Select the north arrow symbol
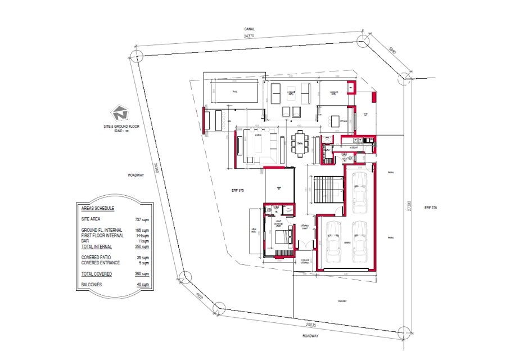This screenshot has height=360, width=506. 119,112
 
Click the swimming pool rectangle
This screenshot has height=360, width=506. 235,92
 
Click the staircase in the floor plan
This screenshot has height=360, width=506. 326,190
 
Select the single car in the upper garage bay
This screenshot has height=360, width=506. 359,192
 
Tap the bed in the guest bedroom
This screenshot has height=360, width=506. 280,237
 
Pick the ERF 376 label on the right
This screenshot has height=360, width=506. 431,208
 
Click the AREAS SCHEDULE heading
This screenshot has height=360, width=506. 98,208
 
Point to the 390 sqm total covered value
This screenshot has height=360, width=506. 142,274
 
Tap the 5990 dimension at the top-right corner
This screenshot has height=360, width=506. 392,52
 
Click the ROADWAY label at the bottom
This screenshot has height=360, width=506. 310,336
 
